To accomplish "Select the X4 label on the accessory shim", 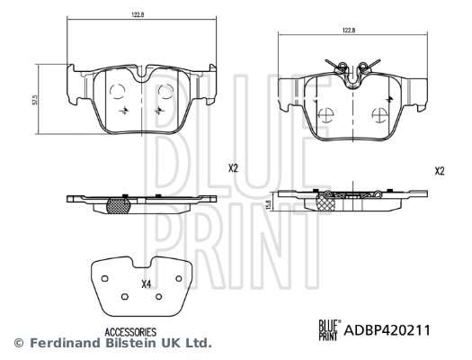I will (x=146, y=286).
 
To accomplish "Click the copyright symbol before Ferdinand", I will (x=18, y=343).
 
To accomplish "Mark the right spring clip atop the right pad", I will (x=364, y=65).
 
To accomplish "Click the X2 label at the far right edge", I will (x=439, y=170).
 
